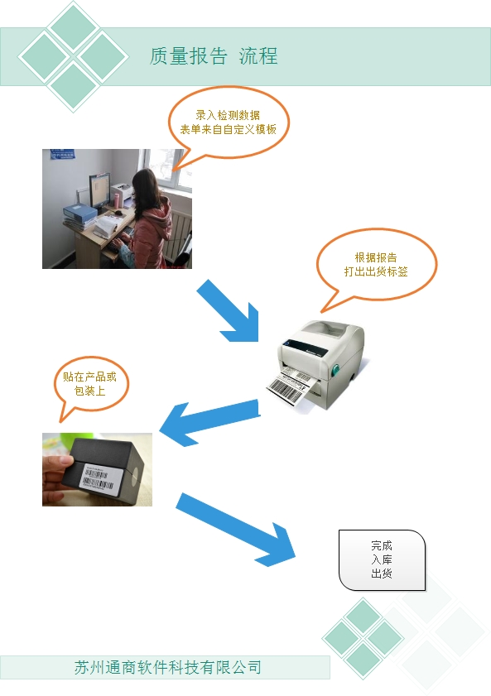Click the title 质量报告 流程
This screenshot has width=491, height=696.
point(214,56)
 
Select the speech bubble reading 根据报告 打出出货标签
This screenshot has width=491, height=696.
point(377,266)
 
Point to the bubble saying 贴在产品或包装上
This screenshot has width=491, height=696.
point(90,384)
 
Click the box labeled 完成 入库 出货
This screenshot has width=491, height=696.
point(382,559)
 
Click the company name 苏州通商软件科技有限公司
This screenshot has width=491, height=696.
point(167,667)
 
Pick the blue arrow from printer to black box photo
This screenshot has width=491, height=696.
point(209,422)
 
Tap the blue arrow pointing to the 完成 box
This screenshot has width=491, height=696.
point(234,528)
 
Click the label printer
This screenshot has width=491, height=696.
point(319,365)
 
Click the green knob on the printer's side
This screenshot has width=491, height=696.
point(336,369)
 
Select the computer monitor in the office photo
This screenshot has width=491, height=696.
point(99,190)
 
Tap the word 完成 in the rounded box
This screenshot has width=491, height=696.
point(382,545)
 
